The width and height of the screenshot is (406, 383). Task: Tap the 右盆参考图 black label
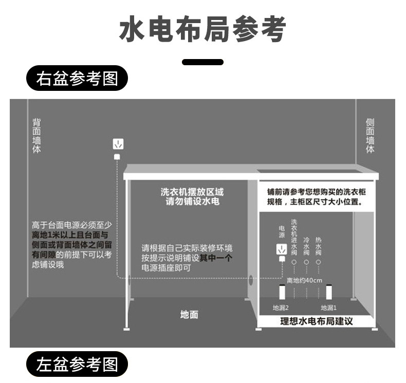tap(77, 78)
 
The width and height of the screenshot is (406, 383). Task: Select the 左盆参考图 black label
tap(77, 364)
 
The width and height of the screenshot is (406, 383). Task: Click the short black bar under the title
tap(202, 62)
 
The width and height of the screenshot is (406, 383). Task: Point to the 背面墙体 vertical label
tap(36, 136)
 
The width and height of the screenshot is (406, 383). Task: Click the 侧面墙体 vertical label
tap(370, 136)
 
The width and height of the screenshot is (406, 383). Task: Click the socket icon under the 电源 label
tap(281, 250)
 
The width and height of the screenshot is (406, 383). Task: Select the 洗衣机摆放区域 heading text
tap(192, 192)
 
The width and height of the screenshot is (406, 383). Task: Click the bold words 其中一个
tap(216, 258)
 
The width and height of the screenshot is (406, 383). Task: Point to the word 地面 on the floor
tap(189, 314)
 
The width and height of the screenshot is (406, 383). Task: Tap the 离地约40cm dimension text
tap(304, 280)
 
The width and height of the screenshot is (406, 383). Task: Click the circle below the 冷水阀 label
tap(306, 262)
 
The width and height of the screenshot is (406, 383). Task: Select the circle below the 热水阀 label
tap(319, 262)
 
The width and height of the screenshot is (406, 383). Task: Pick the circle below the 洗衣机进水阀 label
tap(294, 262)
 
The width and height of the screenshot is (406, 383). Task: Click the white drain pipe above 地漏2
tap(282, 292)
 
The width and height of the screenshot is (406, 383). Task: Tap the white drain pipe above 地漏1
tap(329, 292)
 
